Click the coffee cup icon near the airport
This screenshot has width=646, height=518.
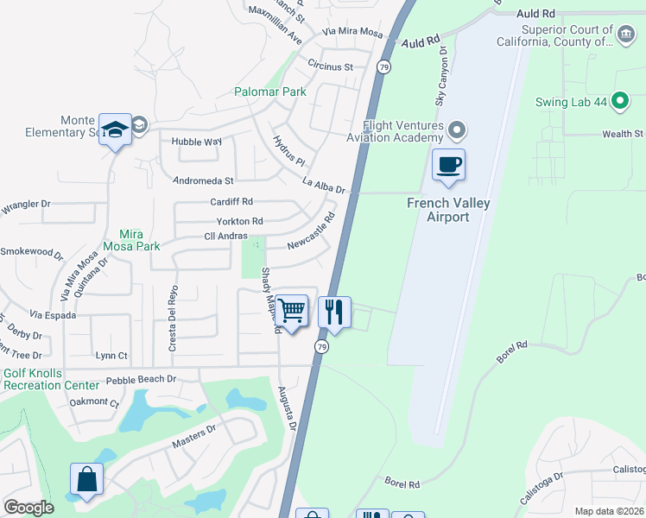(x=448, y=164)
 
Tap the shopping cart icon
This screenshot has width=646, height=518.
(x=292, y=309)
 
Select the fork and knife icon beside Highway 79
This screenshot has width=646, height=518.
(x=334, y=311)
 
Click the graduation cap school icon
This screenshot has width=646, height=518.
(x=115, y=130)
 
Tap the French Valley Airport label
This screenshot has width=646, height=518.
(x=448, y=210)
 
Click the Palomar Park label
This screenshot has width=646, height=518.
(x=270, y=92)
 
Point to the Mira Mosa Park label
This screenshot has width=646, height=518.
(x=131, y=240)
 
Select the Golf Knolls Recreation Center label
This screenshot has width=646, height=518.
(x=51, y=379)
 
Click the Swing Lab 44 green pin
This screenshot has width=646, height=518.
(x=618, y=101)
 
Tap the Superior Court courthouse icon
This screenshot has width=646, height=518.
(x=625, y=35)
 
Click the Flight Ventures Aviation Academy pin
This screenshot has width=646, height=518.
(x=457, y=131)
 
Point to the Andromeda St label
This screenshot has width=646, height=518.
(x=204, y=181)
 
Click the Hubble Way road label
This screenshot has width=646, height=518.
(x=196, y=141)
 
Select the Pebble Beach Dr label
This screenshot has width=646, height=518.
(x=141, y=379)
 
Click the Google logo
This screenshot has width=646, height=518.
(x=28, y=508)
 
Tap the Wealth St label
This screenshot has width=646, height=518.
(x=623, y=134)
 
